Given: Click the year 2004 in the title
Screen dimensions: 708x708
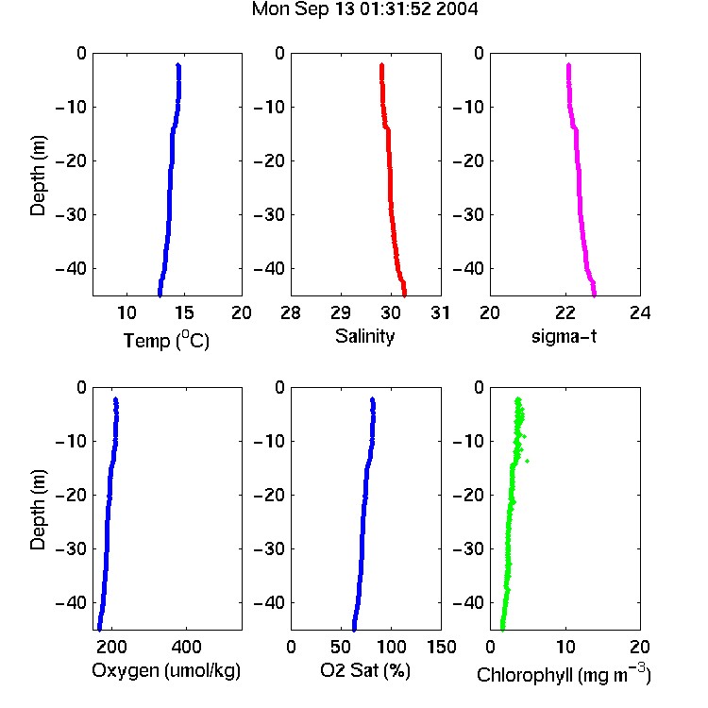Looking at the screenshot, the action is point(457,9).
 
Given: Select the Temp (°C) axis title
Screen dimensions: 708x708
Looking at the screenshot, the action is point(166,340).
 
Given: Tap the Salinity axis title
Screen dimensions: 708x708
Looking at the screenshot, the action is point(364,336).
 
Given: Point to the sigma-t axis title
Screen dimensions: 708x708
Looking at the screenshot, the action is point(564,336).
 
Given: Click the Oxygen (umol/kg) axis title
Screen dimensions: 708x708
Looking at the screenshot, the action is point(166,670).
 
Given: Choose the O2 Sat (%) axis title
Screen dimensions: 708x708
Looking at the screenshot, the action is point(364,670).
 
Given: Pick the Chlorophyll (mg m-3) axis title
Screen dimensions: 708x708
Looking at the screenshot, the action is point(564,674).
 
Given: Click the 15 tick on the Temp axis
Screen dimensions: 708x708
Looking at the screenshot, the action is point(184,312).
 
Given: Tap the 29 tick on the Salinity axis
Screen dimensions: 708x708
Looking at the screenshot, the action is point(341,312).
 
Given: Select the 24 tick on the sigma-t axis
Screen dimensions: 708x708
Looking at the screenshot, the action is point(640,312).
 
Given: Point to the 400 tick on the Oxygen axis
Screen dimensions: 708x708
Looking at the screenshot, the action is point(186,647).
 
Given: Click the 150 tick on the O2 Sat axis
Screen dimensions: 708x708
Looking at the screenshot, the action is point(441,647).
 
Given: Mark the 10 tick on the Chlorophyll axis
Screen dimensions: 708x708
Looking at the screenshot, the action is point(565,647).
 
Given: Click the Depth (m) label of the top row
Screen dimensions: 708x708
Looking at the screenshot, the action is point(38,176).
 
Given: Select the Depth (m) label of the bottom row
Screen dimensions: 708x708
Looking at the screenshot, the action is point(38,510).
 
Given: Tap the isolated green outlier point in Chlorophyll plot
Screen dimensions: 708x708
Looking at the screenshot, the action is point(527,461).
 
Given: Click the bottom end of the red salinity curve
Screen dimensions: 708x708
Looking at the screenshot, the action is point(405,295).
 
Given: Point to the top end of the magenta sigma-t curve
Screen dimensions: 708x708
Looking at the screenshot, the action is point(568,65).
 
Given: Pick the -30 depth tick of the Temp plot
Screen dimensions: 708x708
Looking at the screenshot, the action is point(71,214).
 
